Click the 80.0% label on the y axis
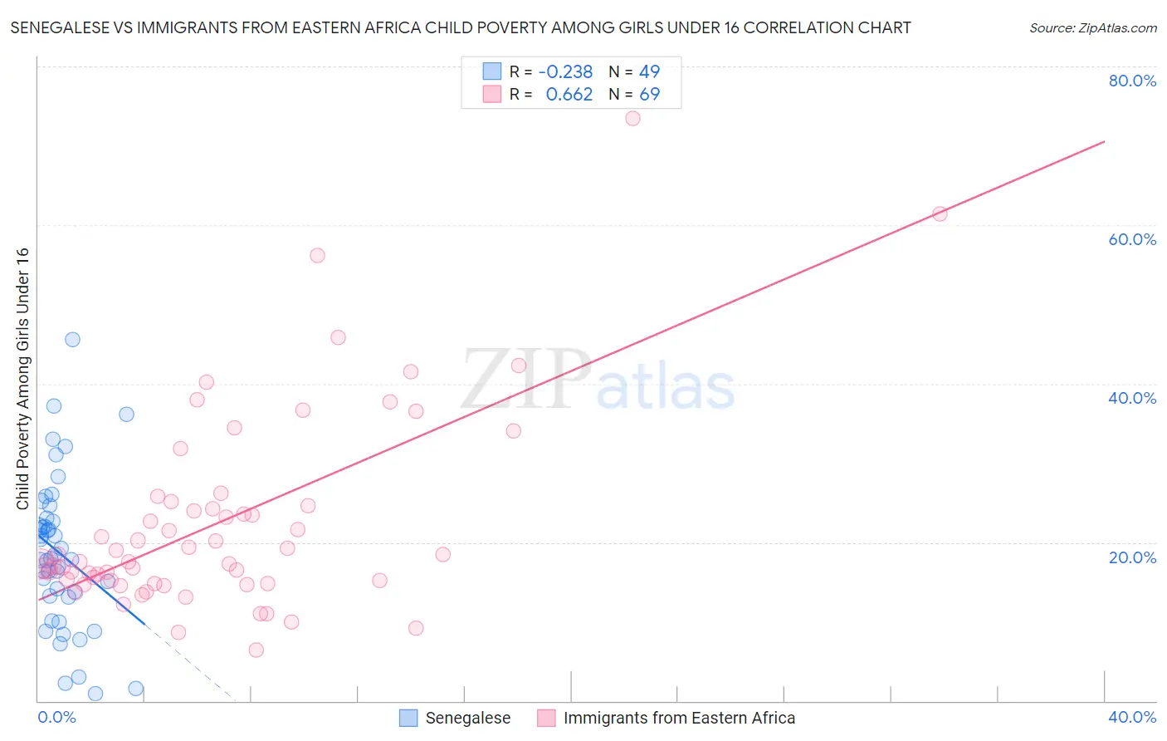pyautogui.click(x=1132, y=81)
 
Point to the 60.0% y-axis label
pyautogui.click(x=1132, y=239)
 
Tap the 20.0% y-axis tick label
pyautogui.click(x=1132, y=557)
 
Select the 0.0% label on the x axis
pyautogui.click(x=56, y=717)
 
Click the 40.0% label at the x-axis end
pyautogui.click(x=1132, y=717)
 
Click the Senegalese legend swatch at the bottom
pyautogui.click(x=408, y=718)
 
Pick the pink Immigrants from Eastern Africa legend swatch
pyautogui.click(x=546, y=718)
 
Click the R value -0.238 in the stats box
pyautogui.click(x=565, y=72)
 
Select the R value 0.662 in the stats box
pyautogui.click(x=569, y=95)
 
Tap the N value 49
pyautogui.click(x=649, y=72)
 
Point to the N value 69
pyautogui.click(x=649, y=95)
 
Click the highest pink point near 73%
pyautogui.click(x=632, y=118)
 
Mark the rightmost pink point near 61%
pyautogui.click(x=940, y=213)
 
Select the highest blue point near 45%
pyautogui.click(x=72, y=339)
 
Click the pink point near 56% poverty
pyautogui.click(x=317, y=255)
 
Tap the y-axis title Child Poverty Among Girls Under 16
pyautogui.click(x=22, y=379)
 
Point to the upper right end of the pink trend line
pyautogui.click(x=1104, y=142)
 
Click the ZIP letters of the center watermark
pyautogui.click(x=526, y=380)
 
